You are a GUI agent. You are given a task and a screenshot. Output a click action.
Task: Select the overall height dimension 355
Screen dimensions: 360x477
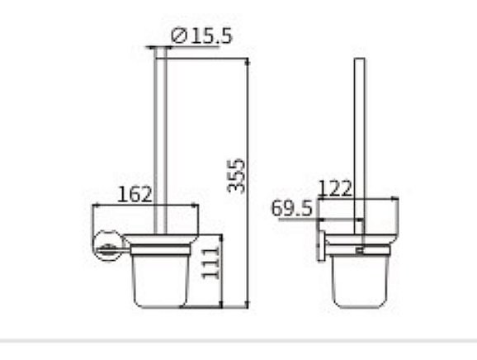click(236, 175)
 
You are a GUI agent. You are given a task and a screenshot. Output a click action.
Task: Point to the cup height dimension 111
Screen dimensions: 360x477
click(211, 259)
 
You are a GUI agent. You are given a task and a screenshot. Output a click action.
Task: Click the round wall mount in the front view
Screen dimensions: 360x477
click(107, 244)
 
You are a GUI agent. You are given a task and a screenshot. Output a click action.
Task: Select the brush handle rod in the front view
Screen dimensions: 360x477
click(163, 140)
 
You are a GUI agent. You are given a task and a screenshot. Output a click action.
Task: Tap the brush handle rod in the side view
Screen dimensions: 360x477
click(360, 140)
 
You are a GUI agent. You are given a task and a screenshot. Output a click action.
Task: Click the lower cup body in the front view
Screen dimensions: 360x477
click(163, 277)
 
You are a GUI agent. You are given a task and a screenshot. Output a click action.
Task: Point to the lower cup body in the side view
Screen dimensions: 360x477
click(361, 277)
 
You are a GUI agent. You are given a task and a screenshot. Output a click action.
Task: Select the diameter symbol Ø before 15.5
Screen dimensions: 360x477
click(177, 36)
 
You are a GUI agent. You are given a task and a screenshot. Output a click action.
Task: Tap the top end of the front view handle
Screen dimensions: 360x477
click(163, 52)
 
